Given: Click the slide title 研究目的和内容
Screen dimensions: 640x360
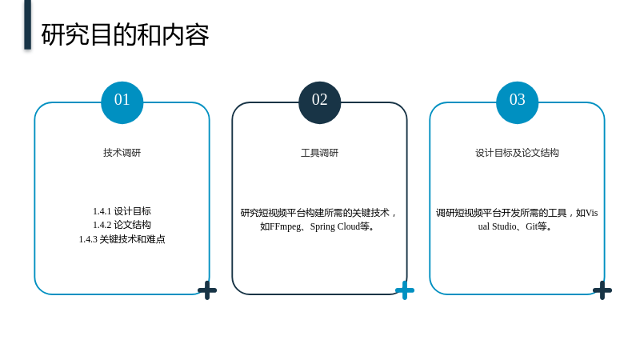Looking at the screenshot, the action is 125,34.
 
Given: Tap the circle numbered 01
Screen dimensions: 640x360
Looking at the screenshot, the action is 122,102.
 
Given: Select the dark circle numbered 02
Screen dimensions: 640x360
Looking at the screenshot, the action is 319,102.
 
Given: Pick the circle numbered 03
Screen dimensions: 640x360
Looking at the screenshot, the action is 517,102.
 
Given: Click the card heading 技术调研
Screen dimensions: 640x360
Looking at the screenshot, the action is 122,153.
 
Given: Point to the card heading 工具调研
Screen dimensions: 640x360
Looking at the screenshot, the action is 319,153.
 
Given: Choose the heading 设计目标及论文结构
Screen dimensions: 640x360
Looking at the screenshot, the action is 517,153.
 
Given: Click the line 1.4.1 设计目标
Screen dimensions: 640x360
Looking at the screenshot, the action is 122,211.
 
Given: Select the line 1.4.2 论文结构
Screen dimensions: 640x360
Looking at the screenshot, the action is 122,225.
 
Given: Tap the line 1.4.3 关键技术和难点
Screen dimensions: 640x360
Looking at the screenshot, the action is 122,239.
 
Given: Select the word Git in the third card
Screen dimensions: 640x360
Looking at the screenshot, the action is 531,226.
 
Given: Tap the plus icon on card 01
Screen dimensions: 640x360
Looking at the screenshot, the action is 207,290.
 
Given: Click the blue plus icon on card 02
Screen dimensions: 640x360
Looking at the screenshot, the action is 405,290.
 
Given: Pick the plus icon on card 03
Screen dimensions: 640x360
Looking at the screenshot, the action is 602,290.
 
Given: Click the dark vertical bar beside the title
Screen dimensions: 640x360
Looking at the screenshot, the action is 27,25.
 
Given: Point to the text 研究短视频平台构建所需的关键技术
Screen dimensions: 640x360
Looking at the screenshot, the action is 314,213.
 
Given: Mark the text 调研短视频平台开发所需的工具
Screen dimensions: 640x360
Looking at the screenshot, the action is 502,213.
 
